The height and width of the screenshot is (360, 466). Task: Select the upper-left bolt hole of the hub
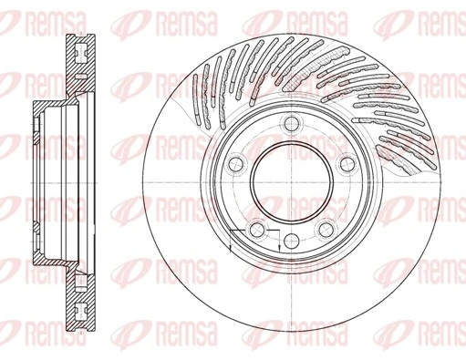pyautogui.click(x=236, y=164)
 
